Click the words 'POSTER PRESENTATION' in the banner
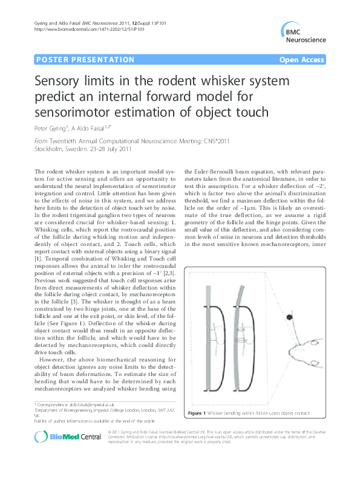(x=85, y=60)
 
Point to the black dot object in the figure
(x=290, y=317)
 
